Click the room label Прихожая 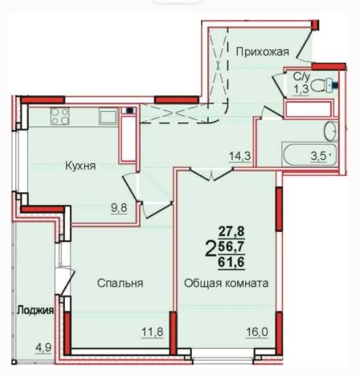click(262, 52)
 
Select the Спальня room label click(121, 283)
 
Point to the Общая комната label click(226, 283)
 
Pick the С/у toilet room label click(300, 78)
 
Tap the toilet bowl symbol click(328, 84)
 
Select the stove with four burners click(59, 116)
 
